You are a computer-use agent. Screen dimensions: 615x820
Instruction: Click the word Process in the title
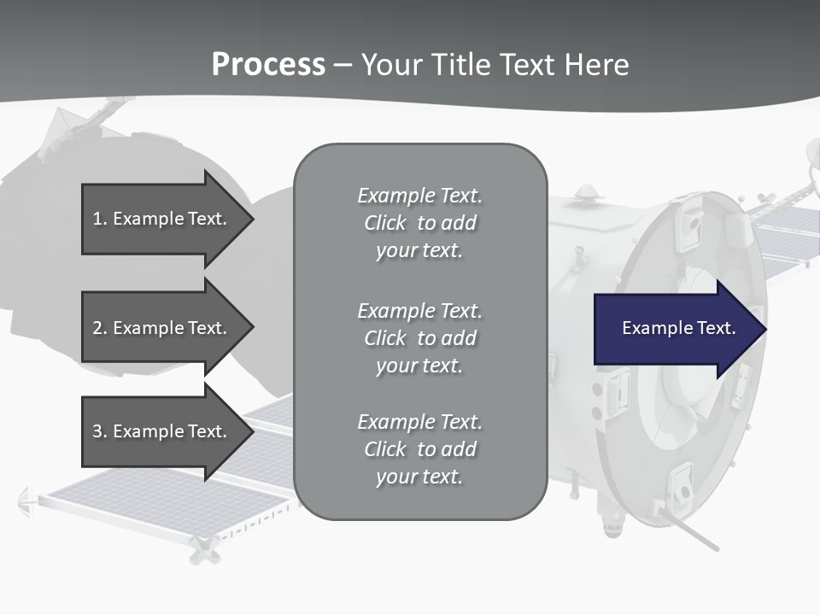pyautogui.click(x=268, y=65)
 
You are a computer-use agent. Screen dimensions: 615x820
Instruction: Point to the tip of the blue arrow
pyautogui.click(x=764, y=329)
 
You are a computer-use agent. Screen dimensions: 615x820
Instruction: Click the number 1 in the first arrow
pyautogui.click(x=97, y=219)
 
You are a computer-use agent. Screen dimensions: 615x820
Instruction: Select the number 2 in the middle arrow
pyautogui.click(x=97, y=328)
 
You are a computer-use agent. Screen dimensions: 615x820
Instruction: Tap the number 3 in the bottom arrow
pyautogui.click(x=97, y=431)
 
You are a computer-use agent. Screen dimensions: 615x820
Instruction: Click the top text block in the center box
pyautogui.click(x=419, y=223)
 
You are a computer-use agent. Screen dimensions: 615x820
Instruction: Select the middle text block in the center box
pyautogui.click(x=419, y=338)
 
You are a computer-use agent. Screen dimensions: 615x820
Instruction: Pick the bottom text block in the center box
pyautogui.click(x=419, y=449)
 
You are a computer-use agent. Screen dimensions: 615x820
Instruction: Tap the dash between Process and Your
pyautogui.click(x=343, y=66)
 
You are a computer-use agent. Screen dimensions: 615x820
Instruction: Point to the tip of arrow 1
pyautogui.click(x=252, y=219)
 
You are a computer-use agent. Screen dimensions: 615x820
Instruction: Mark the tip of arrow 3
pyautogui.click(x=252, y=431)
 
